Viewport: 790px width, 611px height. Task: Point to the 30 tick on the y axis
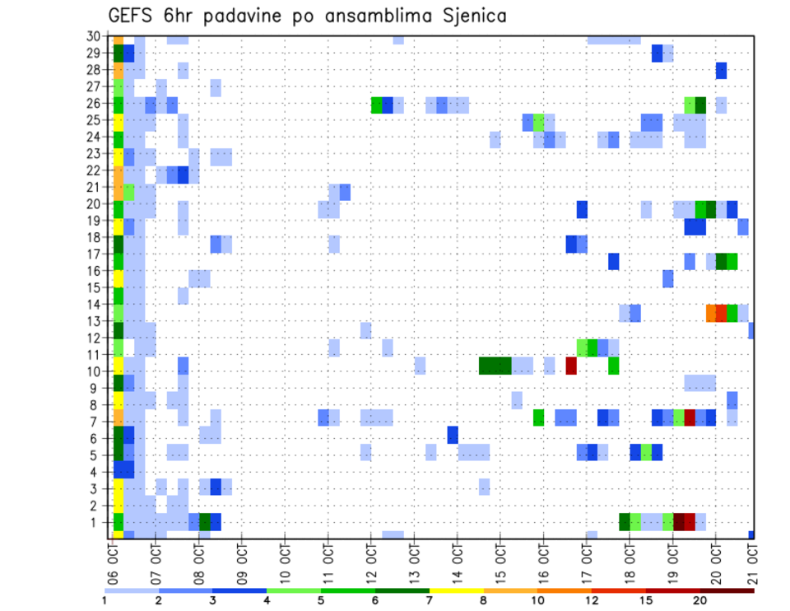[95, 36]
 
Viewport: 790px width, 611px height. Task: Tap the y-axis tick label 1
[98, 522]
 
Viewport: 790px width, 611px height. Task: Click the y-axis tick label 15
[95, 287]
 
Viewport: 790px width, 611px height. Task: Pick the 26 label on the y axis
[95, 103]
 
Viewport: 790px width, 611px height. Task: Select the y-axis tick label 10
[95, 371]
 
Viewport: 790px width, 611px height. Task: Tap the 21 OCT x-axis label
[753, 557]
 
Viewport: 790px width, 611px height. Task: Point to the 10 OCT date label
[284, 557]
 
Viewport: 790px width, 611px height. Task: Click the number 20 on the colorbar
[699, 600]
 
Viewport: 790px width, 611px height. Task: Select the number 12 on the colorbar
[591, 600]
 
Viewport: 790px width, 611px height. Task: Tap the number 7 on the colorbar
[429, 600]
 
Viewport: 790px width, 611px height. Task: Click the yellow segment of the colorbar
[456, 590]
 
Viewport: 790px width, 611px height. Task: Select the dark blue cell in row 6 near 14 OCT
[453, 434]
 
